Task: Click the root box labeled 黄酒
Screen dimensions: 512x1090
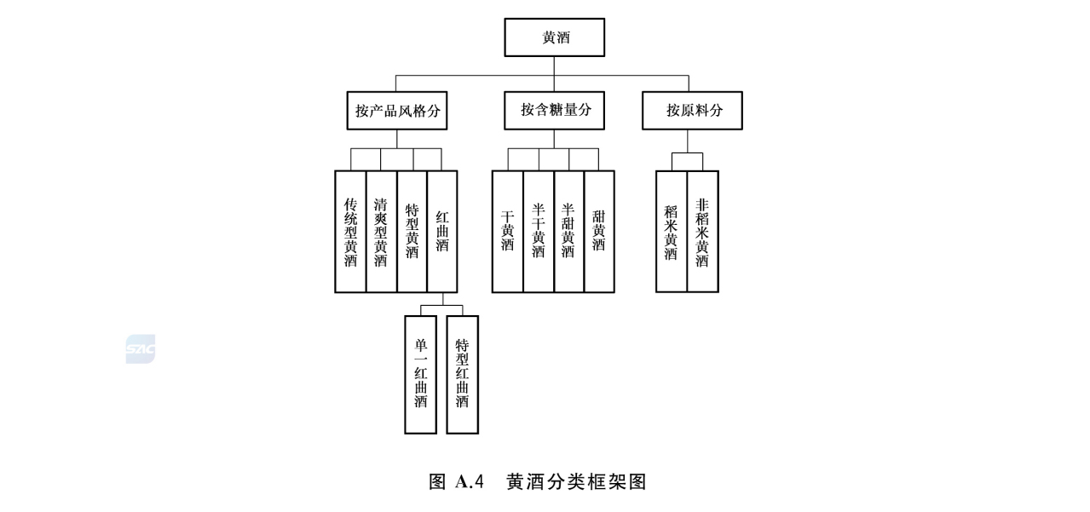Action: tap(554, 38)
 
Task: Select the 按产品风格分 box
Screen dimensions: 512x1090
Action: tap(397, 111)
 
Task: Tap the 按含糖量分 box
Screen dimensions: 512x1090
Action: tap(555, 110)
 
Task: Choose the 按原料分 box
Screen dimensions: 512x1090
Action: tap(692, 111)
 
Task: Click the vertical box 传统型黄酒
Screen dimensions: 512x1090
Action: tap(350, 232)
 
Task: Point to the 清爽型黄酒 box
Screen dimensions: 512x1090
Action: tap(381, 232)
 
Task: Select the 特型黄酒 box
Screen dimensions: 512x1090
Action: tap(412, 232)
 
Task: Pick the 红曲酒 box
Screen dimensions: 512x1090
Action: tap(442, 232)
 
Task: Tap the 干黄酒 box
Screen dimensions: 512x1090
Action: tap(507, 232)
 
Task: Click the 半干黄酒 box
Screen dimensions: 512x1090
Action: tap(538, 232)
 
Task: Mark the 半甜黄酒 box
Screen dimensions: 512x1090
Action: tap(568, 232)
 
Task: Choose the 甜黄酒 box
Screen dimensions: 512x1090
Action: tap(599, 232)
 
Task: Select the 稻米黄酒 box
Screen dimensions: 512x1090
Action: tap(672, 232)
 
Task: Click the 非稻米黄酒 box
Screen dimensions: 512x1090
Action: tap(702, 232)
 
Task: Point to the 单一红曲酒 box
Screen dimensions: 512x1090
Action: tap(421, 374)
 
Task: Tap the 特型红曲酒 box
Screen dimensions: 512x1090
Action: tap(462, 374)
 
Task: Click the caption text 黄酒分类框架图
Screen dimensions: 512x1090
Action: tap(576, 481)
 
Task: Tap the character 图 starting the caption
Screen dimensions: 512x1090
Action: tap(437, 481)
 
